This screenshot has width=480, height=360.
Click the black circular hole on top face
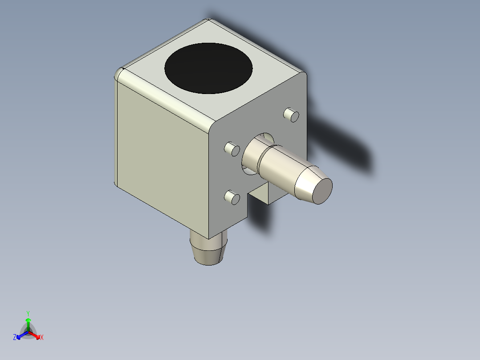(x=208, y=68)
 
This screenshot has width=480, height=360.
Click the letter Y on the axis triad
(x=28, y=313)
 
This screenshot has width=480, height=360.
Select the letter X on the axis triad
(x=42, y=338)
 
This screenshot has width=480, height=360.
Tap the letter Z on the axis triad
(x=15, y=338)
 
